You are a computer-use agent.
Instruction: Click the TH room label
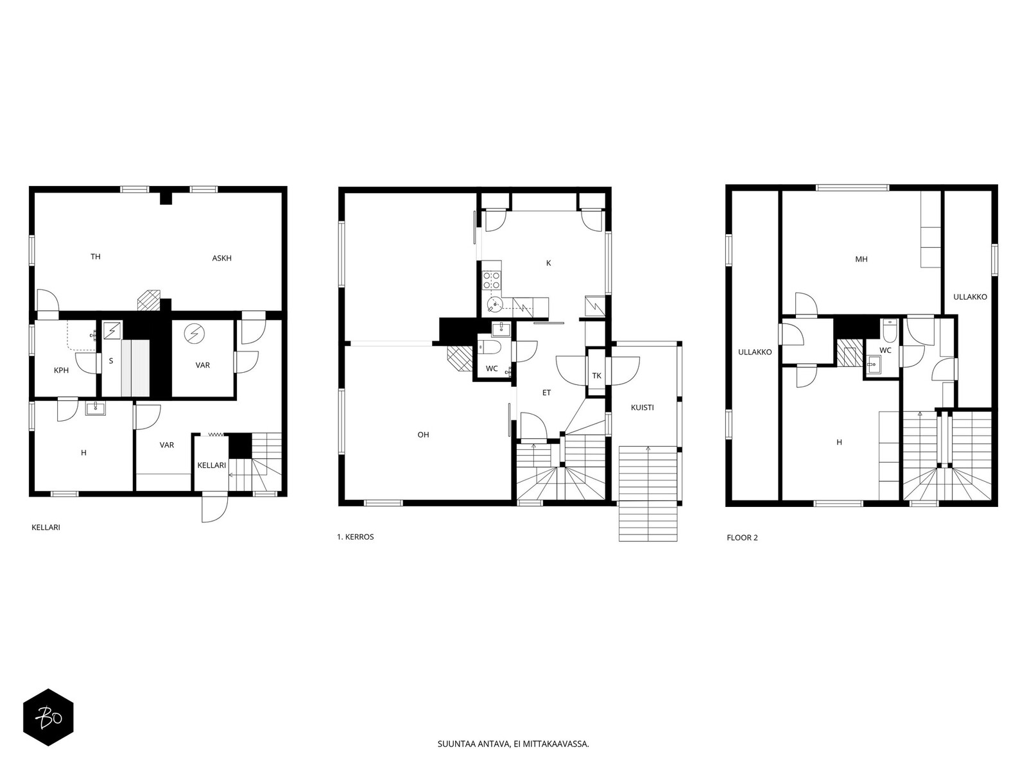click(x=96, y=256)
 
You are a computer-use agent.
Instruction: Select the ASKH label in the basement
click(x=222, y=257)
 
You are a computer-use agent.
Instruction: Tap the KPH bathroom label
click(x=61, y=370)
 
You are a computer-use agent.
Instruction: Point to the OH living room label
click(x=423, y=434)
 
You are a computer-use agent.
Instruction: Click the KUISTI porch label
click(x=642, y=407)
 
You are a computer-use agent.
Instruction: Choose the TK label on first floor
click(x=596, y=375)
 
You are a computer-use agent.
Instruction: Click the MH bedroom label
click(x=861, y=259)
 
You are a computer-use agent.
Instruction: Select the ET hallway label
click(x=546, y=393)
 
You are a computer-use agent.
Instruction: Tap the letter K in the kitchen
click(x=548, y=263)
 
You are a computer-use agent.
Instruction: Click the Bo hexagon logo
click(x=49, y=717)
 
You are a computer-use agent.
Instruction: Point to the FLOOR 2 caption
click(x=742, y=538)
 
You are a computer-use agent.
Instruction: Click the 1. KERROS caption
click(x=355, y=536)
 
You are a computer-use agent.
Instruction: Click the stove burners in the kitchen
click(x=491, y=278)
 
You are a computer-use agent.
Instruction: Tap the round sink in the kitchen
click(x=494, y=305)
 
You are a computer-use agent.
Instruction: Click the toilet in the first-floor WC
click(x=490, y=347)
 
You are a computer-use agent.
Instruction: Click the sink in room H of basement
click(x=96, y=408)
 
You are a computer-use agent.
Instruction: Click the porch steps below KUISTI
click(x=648, y=493)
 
